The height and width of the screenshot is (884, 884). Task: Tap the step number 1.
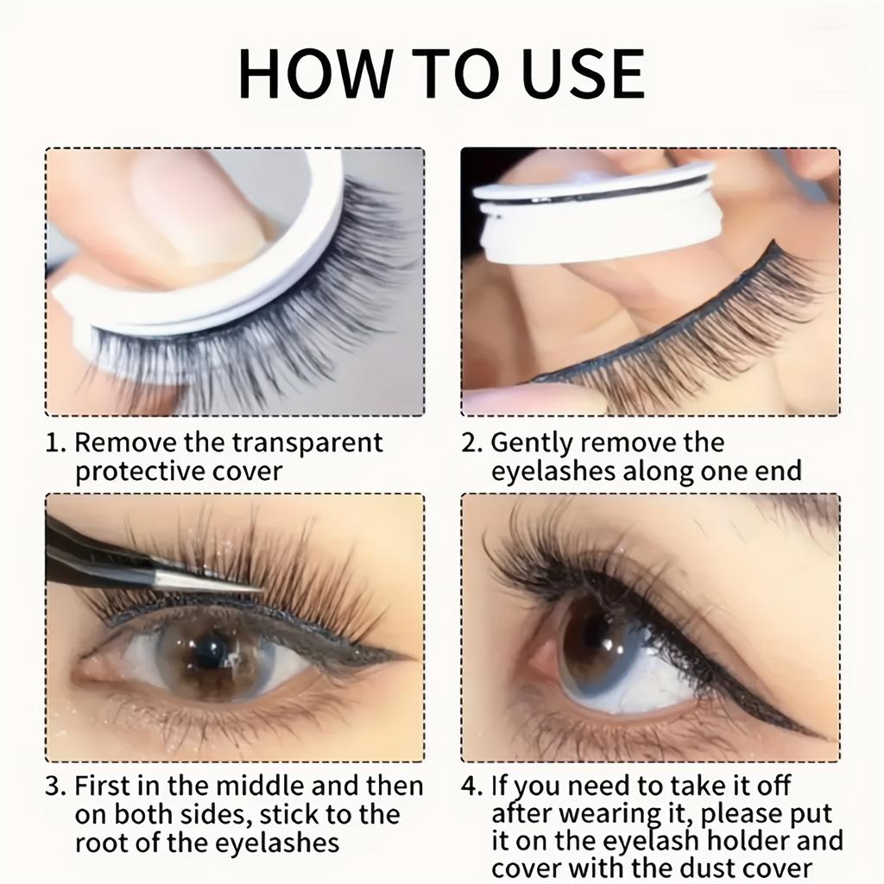54,444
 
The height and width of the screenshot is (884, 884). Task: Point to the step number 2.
470,444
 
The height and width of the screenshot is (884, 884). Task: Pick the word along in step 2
666,471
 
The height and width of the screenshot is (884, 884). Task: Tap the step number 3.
54,787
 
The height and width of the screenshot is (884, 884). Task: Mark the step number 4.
471,787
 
